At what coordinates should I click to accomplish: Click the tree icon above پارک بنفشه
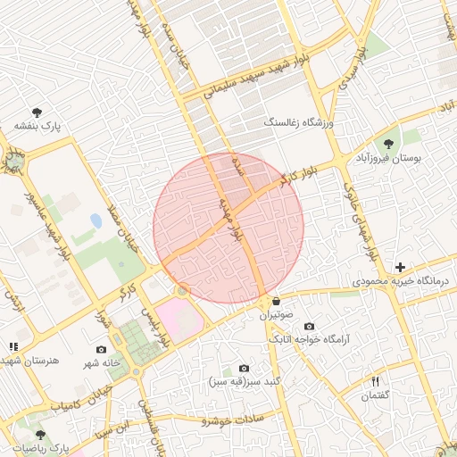pos(37,112)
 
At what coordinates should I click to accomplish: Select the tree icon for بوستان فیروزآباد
pos(388,144)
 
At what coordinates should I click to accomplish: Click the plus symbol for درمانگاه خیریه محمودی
pos(401,267)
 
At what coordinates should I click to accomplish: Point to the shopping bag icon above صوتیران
pos(276,301)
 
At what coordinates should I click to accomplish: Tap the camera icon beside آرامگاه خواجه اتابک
pos(310,327)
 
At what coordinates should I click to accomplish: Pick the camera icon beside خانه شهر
pos(101,349)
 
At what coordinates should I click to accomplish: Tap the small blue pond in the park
pos(96,220)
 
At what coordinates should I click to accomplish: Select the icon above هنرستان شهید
pos(12,346)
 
